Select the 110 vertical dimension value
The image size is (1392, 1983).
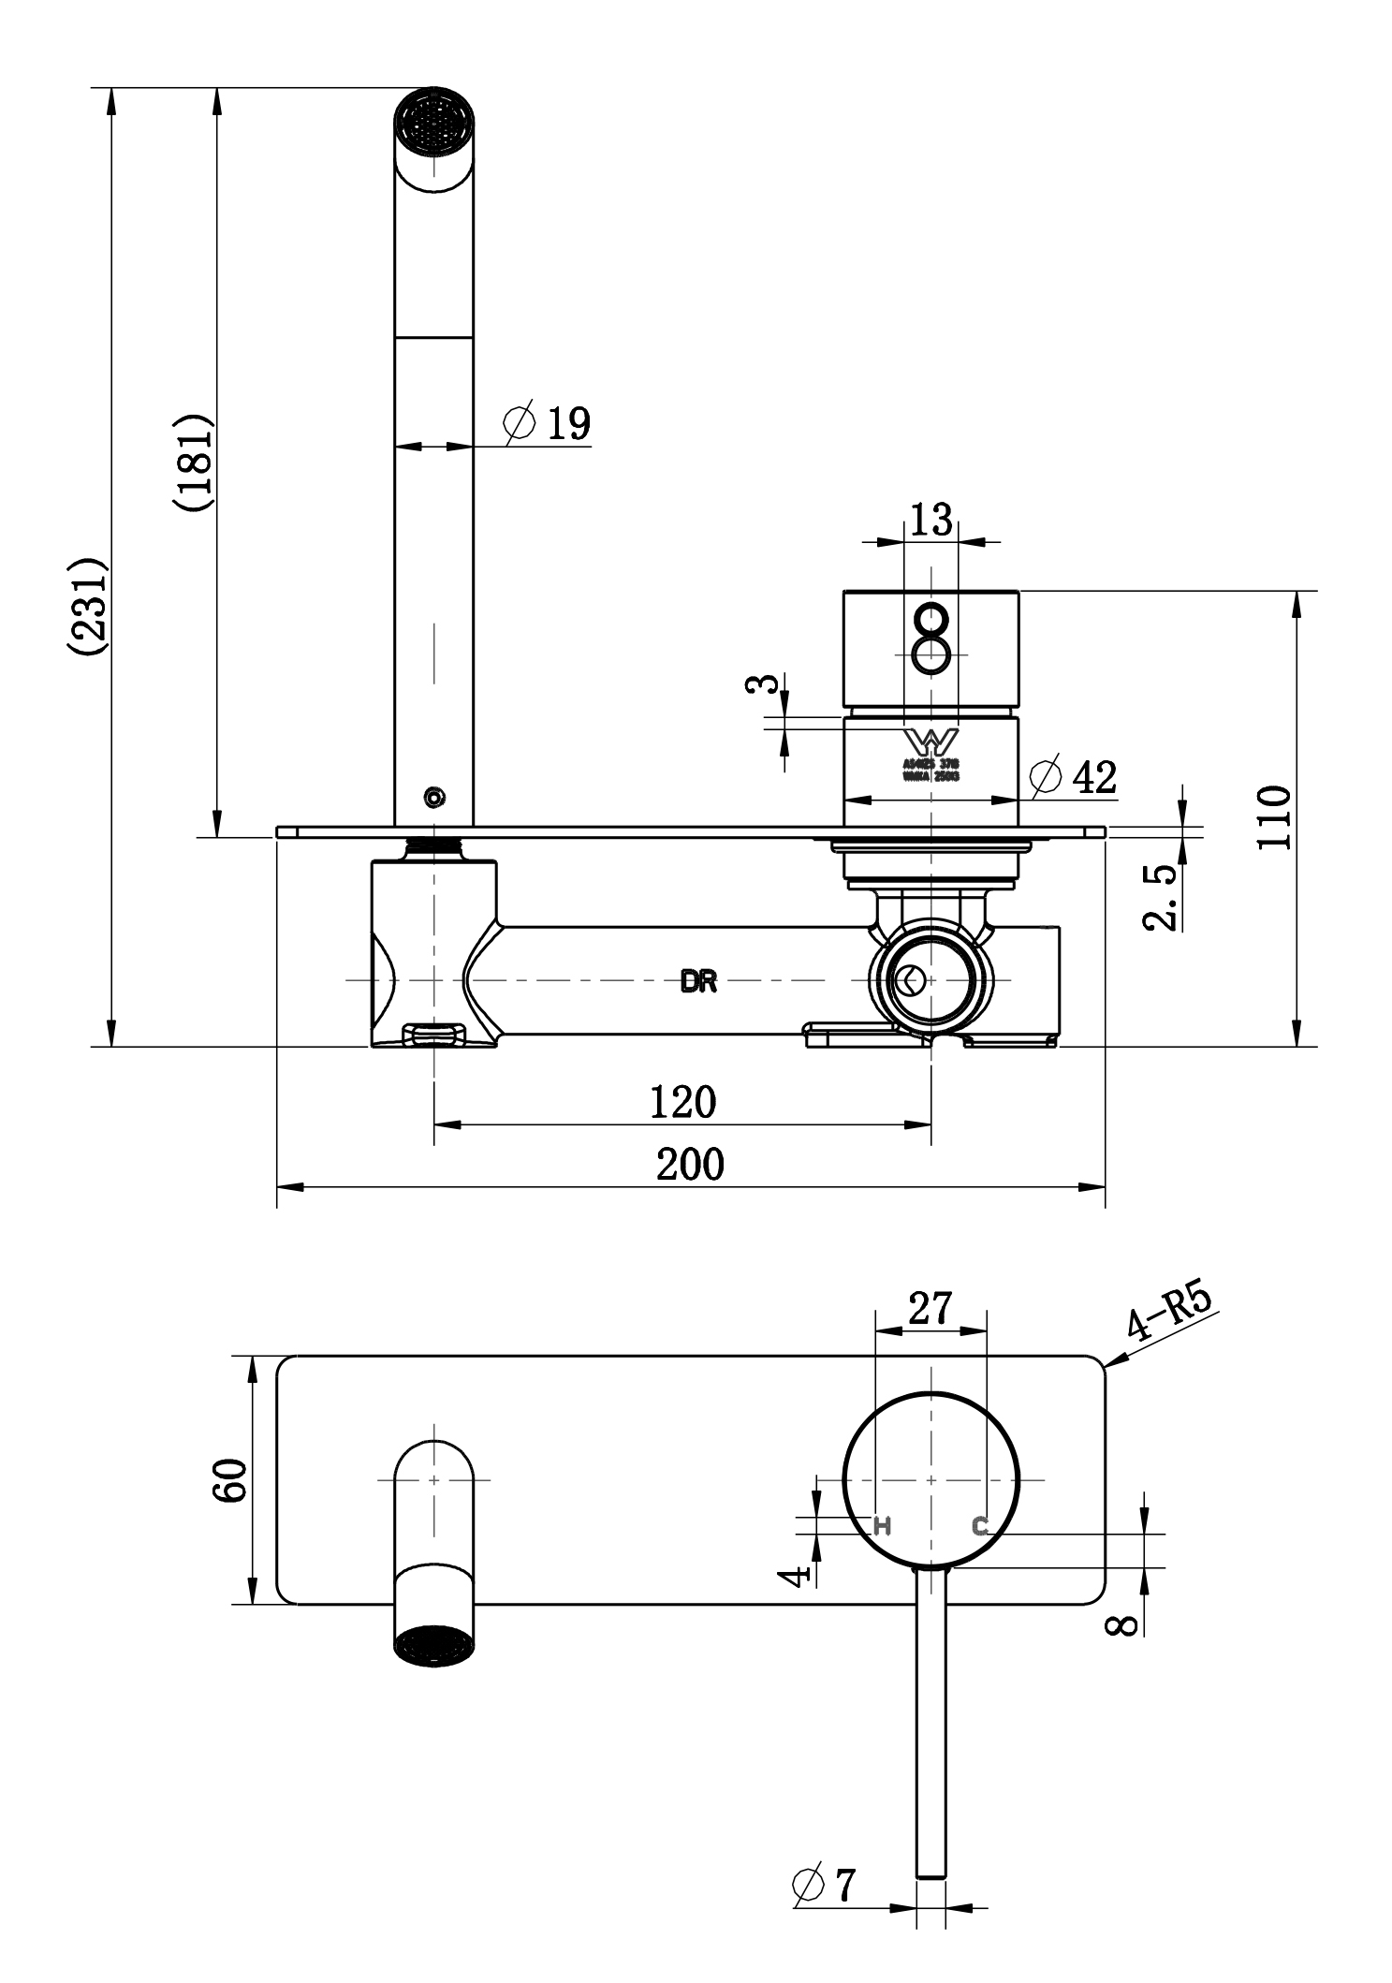pyautogui.click(x=1275, y=817)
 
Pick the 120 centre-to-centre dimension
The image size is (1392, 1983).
pyautogui.click(x=682, y=1103)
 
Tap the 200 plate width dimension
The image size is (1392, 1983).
pyautogui.click(x=690, y=1165)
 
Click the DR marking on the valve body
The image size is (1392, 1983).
pyautogui.click(x=699, y=982)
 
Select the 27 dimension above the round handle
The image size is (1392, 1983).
pyautogui.click(x=930, y=1308)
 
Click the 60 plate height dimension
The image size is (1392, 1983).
pyautogui.click(x=229, y=1479)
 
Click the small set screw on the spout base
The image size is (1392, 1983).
pyautogui.click(x=434, y=798)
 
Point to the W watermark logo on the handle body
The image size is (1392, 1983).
pyautogui.click(x=930, y=741)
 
